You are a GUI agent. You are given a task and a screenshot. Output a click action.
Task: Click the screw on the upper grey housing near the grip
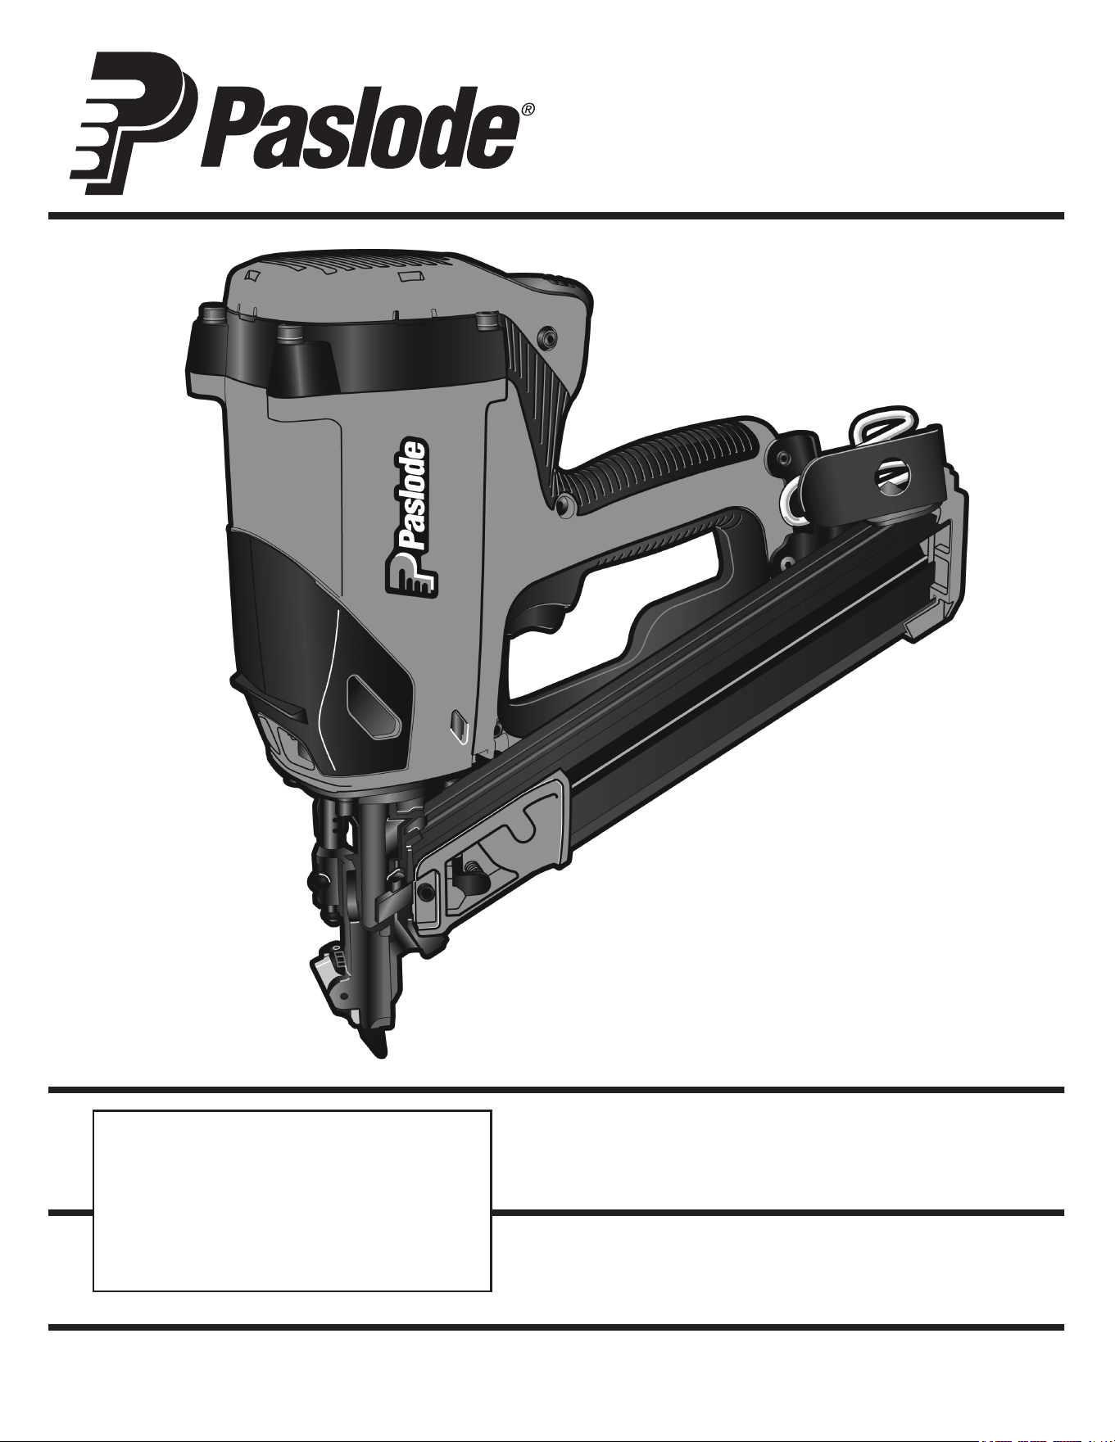[x=546, y=337]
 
